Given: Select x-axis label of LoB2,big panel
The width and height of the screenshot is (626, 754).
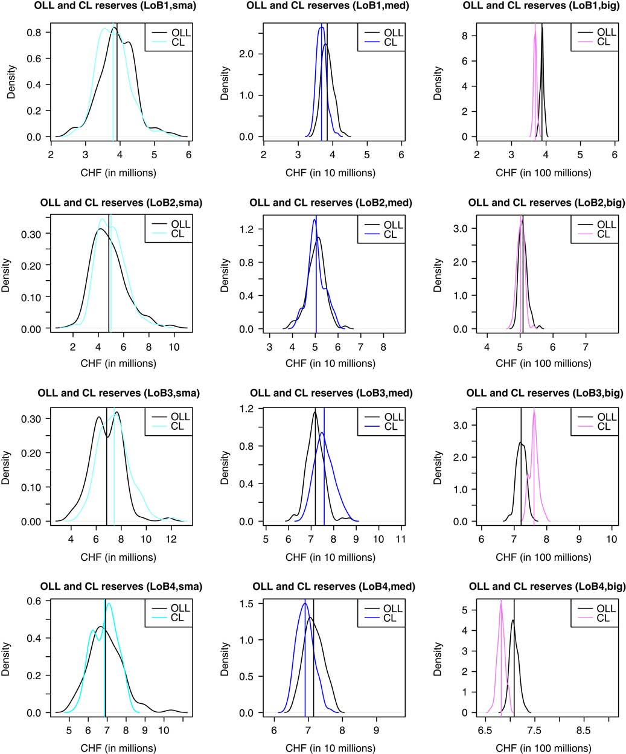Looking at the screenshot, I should click(543, 363).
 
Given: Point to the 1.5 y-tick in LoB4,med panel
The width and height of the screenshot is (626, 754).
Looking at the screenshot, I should click(246, 603).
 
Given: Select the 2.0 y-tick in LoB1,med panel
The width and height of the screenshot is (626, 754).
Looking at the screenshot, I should click(246, 54).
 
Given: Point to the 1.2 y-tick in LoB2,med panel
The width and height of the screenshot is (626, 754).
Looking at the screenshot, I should click(246, 229).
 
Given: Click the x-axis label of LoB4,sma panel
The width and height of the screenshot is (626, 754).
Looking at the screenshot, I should click(118, 748).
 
